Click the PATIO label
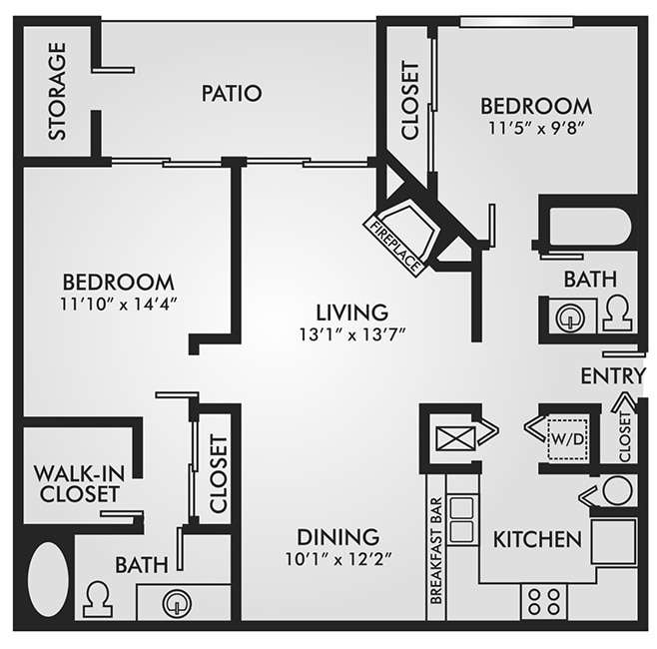tap(231, 94)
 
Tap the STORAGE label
tap(58, 90)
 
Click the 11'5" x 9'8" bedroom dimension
tap(535, 128)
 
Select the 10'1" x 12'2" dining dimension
tap(336, 559)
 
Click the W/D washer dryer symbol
tap(564, 437)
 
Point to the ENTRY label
tap(613, 375)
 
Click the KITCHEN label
tap(537, 539)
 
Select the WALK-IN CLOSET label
tap(77, 482)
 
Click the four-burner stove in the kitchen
tap(544, 600)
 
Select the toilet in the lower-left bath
tap(98, 599)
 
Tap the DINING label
tap(337, 537)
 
